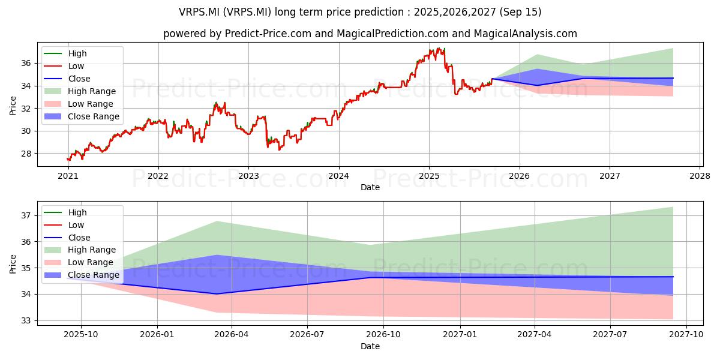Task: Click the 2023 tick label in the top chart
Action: click(x=248, y=176)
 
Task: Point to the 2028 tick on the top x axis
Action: click(x=700, y=176)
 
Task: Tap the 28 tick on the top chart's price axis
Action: click(x=26, y=154)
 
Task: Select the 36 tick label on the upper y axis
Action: click(x=26, y=64)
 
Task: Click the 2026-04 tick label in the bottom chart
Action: click(x=232, y=335)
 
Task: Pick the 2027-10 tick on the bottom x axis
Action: click(x=686, y=335)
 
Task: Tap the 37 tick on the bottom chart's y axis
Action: click(x=26, y=215)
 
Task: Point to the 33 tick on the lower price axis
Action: click(x=26, y=321)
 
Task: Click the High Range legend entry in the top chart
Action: click(x=80, y=91)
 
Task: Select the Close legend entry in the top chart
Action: click(x=67, y=79)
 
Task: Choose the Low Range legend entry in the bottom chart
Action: click(x=79, y=262)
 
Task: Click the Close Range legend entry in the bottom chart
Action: click(x=82, y=275)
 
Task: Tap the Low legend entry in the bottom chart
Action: click(x=64, y=225)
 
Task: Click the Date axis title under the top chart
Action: click(x=370, y=187)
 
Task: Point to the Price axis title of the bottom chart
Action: click(x=13, y=264)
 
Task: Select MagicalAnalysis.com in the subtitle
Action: click(x=525, y=34)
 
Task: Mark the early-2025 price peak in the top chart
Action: click(x=439, y=48)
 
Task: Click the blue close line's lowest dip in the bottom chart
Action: click(x=217, y=294)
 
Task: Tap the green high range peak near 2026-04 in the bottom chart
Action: click(x=217, y=221)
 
